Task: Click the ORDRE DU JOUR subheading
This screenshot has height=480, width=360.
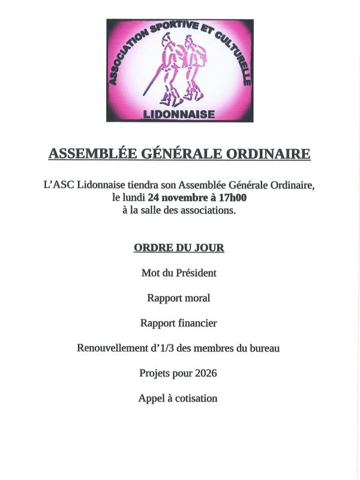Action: coord(179,247)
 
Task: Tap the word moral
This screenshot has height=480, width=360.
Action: coord(197,298)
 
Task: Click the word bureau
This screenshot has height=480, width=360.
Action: coord(265,348)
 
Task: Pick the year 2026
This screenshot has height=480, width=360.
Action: coord(205,373)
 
